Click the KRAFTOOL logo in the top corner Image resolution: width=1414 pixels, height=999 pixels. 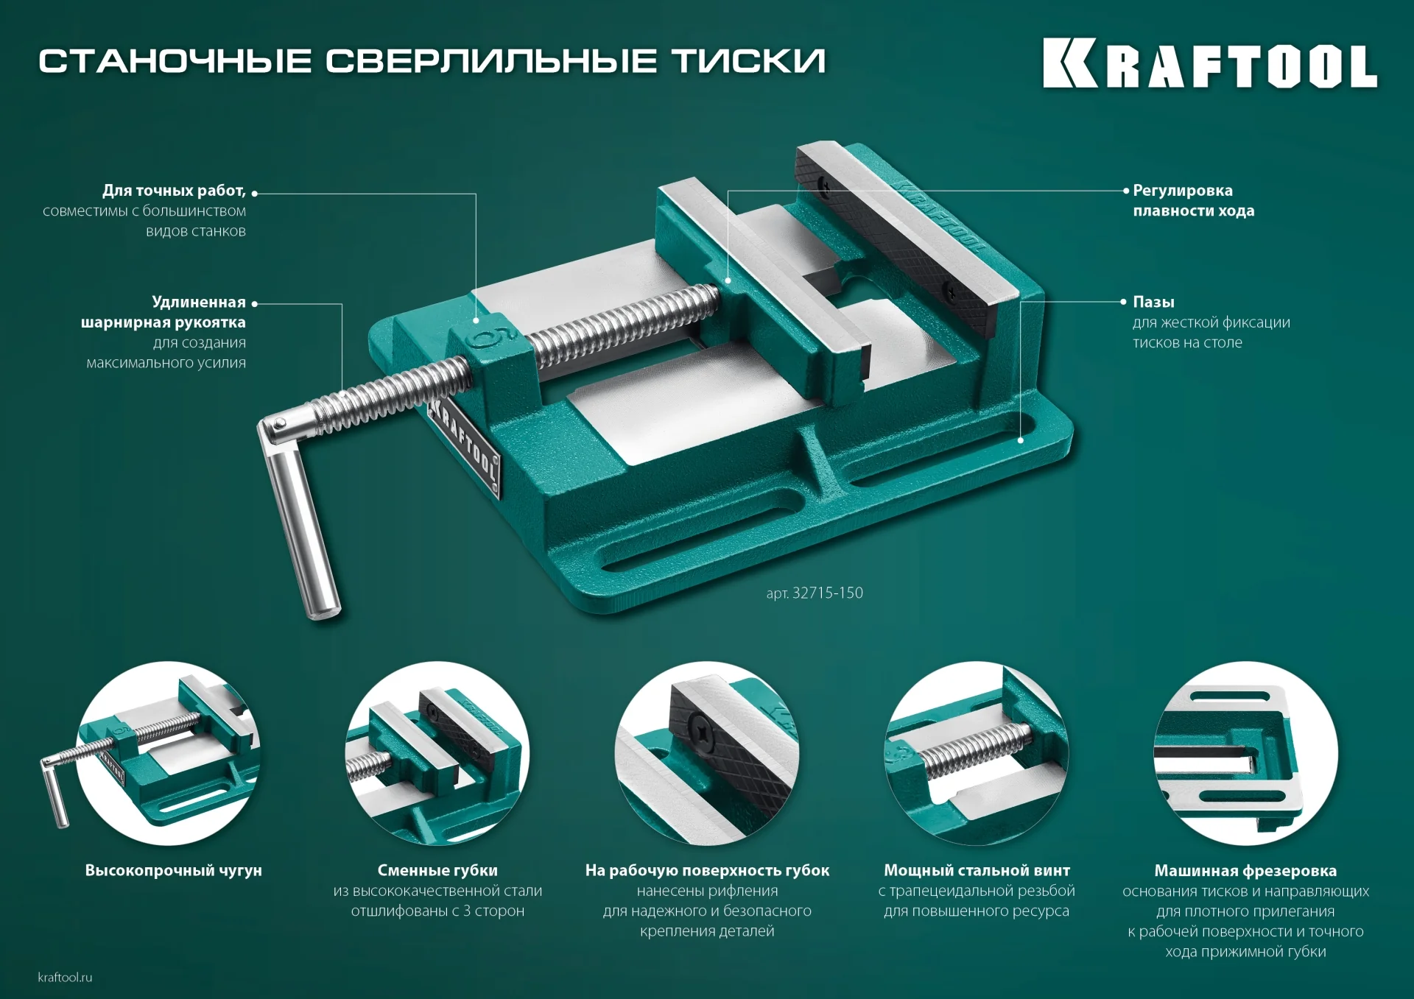[1209, 64]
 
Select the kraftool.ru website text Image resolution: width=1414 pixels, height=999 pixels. [65, 978]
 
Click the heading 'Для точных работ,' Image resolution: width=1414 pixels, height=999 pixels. [174, 191]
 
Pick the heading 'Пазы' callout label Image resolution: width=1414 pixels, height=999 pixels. [1153, 302]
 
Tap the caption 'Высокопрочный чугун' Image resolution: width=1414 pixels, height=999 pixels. [173, 870]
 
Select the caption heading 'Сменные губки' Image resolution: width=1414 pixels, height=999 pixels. [437, 870]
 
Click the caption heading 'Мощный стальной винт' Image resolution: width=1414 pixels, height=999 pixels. [977, 870]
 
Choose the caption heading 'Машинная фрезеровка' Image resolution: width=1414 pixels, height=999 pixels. [1245, 871]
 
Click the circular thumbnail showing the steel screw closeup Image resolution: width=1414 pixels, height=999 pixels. [977, 753]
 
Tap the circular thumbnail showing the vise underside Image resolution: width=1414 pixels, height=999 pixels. [1245, 753]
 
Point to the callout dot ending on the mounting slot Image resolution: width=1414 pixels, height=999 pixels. [1021, 440]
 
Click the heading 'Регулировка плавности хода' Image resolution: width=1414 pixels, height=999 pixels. [1193, 201]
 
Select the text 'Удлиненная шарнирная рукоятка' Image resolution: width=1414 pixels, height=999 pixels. [163, 312]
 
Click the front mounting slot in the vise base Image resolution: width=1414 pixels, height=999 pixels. [703, 534]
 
